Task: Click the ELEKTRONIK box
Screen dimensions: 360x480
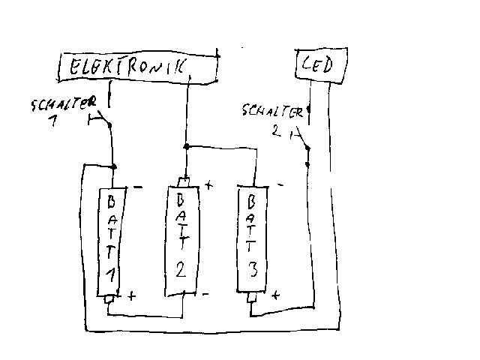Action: coord(139,67)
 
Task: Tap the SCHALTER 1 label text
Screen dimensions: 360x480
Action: coord(64,109)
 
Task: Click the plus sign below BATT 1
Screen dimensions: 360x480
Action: coord(132,295)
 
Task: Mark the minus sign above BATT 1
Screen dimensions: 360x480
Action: coord(136,186)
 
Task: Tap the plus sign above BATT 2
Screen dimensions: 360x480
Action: coord(208,183)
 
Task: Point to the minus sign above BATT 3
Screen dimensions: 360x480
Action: coord(279,184)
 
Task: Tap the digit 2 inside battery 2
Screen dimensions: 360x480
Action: coord(181,271)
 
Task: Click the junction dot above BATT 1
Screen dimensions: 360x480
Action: coord(113,166)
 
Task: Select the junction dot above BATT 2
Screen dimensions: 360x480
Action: coord(184,147)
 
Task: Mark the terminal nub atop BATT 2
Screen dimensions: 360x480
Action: coord(184,181)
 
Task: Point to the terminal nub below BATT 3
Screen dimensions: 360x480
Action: coord(253,300)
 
